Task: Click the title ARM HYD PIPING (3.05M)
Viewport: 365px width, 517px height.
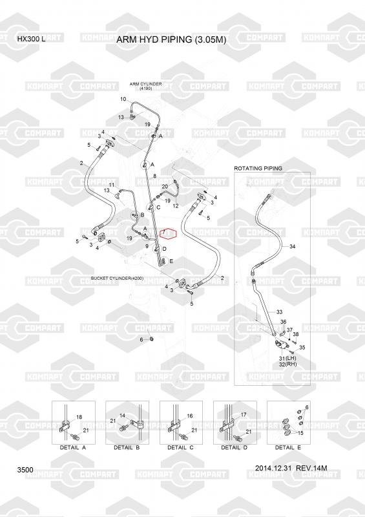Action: [x=171, y=40]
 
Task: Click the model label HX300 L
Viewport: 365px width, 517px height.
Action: [x=32, y=39]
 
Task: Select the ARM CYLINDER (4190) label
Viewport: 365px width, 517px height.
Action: [x=146, y=87]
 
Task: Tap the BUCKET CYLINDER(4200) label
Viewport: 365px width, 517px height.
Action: [x=117, y=279]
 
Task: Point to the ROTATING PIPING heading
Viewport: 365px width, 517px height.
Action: [x=258, y=168]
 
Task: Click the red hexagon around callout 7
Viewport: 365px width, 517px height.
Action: [x=169, y=233]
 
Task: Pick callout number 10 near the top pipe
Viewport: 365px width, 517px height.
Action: [x=123, y=99]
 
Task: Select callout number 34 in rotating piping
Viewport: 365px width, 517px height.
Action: [x=293, y=246]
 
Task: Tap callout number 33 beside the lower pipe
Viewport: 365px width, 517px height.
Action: [x=279, y=311]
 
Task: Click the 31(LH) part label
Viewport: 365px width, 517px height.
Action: [x=288, y=358]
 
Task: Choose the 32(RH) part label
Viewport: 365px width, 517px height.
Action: [x=288, y=364]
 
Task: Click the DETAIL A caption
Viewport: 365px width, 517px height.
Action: [x=73, y=447]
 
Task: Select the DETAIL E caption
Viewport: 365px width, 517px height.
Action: [x=288, y=447]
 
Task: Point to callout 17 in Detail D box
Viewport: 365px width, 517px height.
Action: [x=244, y=415]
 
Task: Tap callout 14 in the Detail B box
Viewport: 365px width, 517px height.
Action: [x=122, y=416]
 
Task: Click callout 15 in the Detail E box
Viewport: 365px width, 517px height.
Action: [x=300, y=433]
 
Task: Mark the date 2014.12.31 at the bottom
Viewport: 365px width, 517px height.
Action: [x=274, y=468]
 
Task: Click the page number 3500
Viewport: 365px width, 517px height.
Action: [x=25, y=470]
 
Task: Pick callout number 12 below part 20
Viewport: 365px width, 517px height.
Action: [x=176, y=206]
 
